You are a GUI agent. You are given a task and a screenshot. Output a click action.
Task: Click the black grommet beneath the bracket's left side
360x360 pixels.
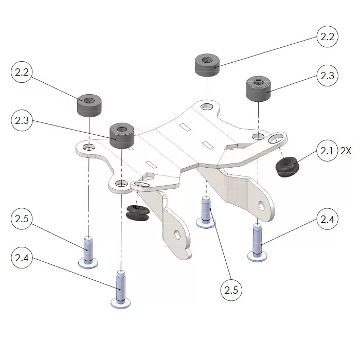tap(137, 212)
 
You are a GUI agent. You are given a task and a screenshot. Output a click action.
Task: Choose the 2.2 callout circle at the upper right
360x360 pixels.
tap(328, 38)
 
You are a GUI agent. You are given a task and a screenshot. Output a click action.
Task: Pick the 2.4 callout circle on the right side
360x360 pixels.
tap(328, 219)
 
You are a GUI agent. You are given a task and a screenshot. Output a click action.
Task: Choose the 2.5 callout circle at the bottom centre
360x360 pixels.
tap(231, 290)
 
